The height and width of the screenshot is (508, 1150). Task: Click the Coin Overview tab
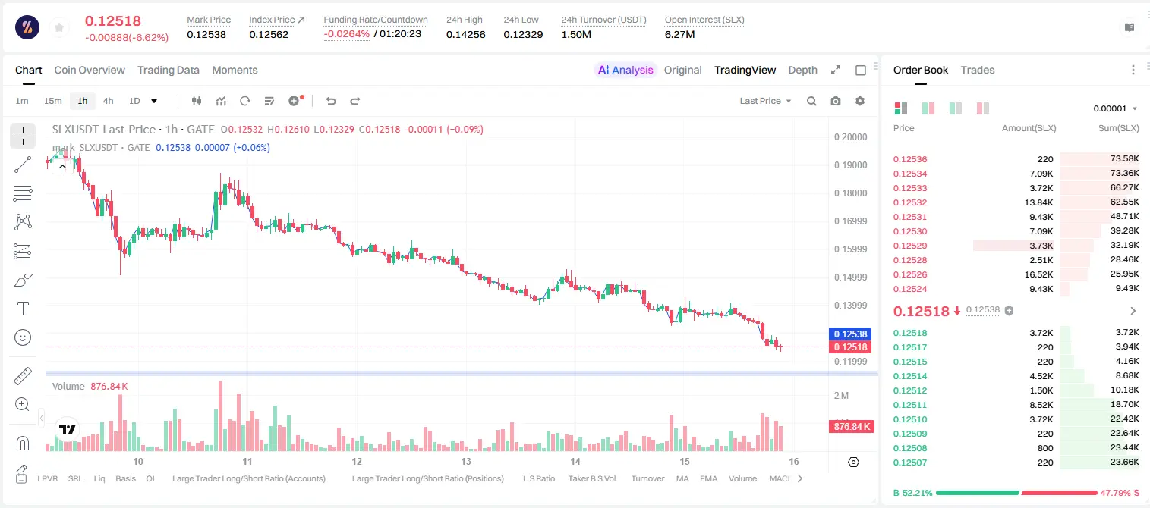(x=90, y=70)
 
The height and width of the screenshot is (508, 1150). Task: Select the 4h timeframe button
(x=108, y=101)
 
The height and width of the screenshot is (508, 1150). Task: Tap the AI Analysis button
(x=625, y=70)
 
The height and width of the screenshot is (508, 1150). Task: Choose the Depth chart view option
(x=802, y=70)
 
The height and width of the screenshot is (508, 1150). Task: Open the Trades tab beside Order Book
(x=978, y=70)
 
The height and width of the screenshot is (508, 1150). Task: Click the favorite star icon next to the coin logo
(x=59, y=27)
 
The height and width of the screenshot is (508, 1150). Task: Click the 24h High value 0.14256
(x=465, y=34)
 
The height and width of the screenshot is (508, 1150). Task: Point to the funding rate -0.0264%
(x=347, y=34)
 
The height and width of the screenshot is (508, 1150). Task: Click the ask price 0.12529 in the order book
(x=909, y=246)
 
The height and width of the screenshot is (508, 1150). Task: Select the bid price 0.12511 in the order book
(x=909, y=404)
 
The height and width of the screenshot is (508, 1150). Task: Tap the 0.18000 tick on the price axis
(x=850, y=193)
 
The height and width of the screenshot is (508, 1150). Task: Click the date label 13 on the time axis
(x=465, y=461)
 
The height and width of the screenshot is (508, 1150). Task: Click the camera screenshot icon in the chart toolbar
(x=836, y=101)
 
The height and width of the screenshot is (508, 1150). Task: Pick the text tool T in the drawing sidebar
(x=23, y=309)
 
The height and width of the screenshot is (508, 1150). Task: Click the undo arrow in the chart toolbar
(x=331, y=101)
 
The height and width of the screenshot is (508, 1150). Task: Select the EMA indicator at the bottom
(x=708, y=478)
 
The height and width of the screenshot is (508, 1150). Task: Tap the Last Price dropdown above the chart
(x=765, y=101)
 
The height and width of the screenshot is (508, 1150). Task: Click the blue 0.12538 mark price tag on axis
(x=850, y=334)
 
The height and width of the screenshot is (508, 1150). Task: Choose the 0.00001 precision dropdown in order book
(x=1115, y=108)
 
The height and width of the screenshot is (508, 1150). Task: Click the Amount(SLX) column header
(x=1029, y=128)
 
